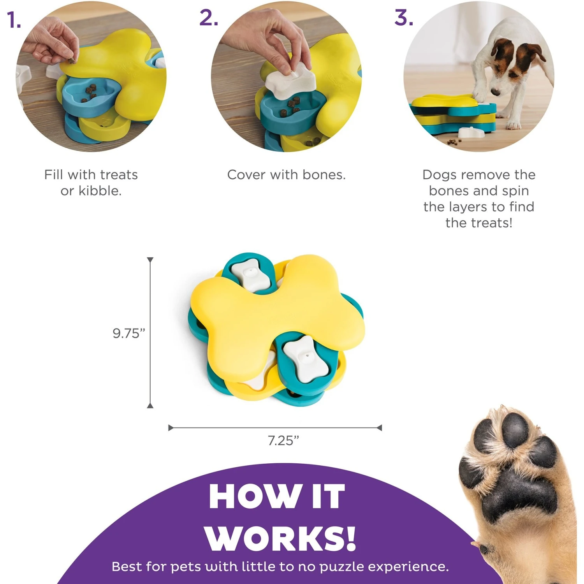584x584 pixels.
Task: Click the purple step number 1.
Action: pos(13,20)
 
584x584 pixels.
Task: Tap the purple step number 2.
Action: pos(208,18)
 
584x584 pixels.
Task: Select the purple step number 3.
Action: pos(403,18)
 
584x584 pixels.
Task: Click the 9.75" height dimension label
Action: pos(128,333)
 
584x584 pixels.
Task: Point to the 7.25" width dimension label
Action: pos(283,440)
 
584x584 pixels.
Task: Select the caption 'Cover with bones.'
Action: pos(286,174)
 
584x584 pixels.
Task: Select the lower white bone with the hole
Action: pos(304,358)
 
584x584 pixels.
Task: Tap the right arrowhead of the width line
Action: pos(379,427)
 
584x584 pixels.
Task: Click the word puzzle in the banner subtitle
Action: pos(342,566)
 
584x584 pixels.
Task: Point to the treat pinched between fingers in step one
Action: pos(72,60)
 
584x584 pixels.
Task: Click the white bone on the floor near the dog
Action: pos(471,132)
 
